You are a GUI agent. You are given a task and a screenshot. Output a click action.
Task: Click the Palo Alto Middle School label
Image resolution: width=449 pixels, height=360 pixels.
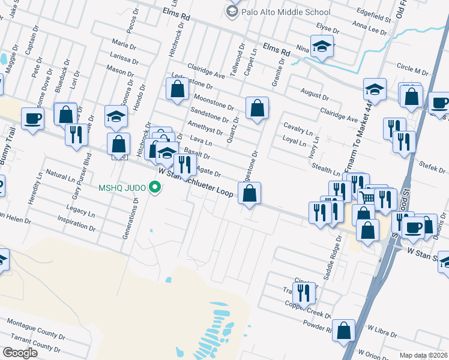click(286, 11)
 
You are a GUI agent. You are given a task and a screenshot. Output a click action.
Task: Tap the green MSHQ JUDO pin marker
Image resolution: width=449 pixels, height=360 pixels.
click(156, 188)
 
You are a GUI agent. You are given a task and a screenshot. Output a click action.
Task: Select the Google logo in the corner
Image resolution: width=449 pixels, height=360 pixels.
click(20, 353)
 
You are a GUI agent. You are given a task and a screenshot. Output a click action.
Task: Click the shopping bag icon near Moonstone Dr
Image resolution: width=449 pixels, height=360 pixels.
click(177, 89)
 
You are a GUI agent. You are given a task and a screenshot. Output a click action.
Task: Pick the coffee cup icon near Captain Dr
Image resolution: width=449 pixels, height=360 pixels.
click(33, 118)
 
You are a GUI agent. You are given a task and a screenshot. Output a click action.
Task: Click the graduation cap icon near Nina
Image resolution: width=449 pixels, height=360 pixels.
click(322, 47)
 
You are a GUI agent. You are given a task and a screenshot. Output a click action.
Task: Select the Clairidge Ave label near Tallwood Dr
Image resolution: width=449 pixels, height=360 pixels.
click(205, 72)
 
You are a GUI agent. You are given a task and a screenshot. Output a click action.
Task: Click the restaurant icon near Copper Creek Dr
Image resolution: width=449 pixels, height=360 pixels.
click(304, 292)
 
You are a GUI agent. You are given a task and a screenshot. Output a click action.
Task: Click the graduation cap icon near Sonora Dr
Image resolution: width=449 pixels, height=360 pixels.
click(116, 116)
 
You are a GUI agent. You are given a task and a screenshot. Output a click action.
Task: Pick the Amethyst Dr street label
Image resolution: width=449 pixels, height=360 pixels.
click(205, 128)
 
